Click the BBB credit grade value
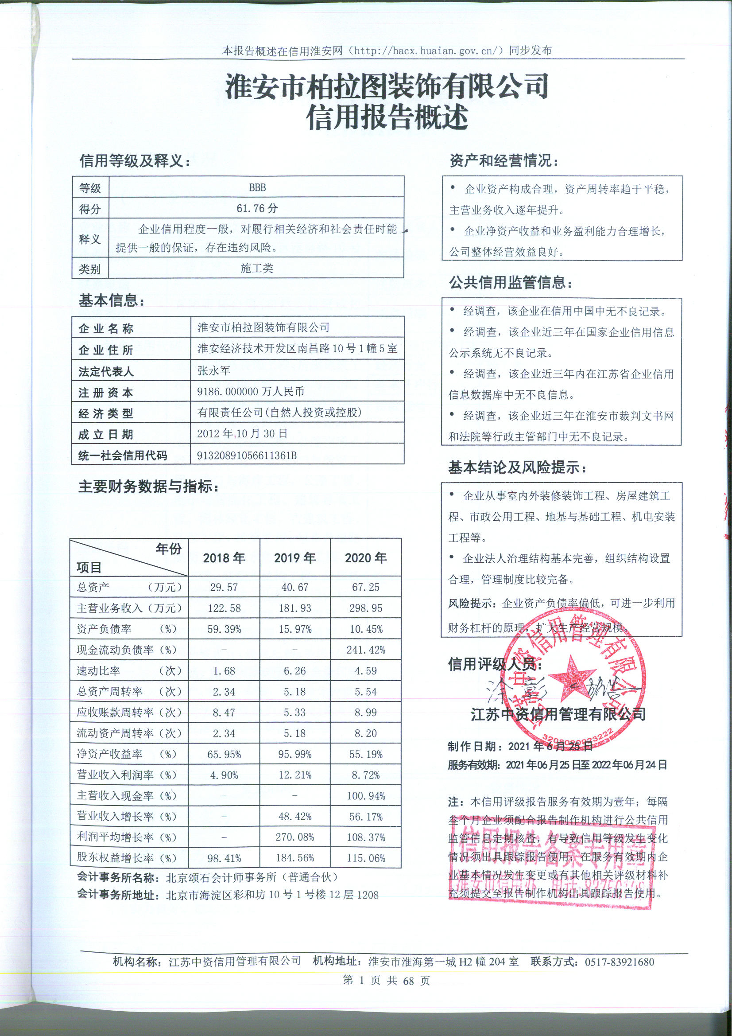[x=257, y=187]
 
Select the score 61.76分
[x=257, y=208]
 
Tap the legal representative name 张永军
[x=214, y=371]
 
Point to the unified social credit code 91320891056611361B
[x=247, y=456]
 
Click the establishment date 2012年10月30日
[x=242, y=434]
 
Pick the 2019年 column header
[x=295, y=558]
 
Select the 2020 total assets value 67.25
[x=366, y=588]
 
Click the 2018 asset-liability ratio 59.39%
[x=224, y=630]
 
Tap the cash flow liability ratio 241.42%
[x=366, y=650]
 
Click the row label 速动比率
[x=98, y=671]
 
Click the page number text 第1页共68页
[x=386, y=981]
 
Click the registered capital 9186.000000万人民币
[x=250, y=392]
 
